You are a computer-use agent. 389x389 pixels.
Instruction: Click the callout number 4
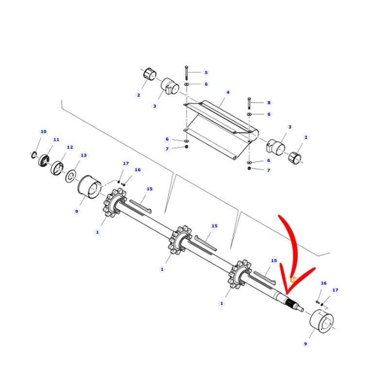coord(228,92)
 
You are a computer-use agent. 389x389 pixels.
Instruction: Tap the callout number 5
coord(206,72)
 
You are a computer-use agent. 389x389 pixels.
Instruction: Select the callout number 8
coord(268,103)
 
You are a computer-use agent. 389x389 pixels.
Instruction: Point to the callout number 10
coord(43,131)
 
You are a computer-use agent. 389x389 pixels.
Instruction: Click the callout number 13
coord(84,155)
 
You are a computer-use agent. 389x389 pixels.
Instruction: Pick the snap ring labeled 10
coord(33,155)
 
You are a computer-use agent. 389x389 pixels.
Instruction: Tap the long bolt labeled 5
coord(186,73)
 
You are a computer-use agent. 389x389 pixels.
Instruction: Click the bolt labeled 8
coord(249,103)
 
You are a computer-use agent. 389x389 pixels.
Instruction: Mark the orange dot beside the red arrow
coord(293,280)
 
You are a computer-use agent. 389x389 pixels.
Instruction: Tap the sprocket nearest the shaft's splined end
coord(239,276)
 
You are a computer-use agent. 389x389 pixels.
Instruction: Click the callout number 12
coord(70,147)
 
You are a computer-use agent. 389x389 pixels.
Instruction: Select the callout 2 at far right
coord(306,137)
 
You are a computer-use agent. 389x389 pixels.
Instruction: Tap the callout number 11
coord(56,140)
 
